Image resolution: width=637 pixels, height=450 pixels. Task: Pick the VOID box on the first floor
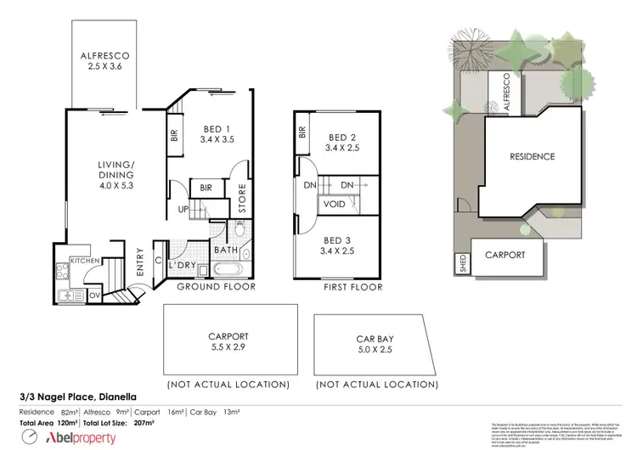[334, 204]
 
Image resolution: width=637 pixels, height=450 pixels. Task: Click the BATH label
[224, 250]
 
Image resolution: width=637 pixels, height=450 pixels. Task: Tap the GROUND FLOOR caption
[216, 287]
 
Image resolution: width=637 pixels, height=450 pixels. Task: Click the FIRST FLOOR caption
[353, 287]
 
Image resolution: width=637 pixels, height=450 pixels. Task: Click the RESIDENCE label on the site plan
[532, 156]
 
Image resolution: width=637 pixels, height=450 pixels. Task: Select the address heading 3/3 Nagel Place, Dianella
[77, 396]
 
